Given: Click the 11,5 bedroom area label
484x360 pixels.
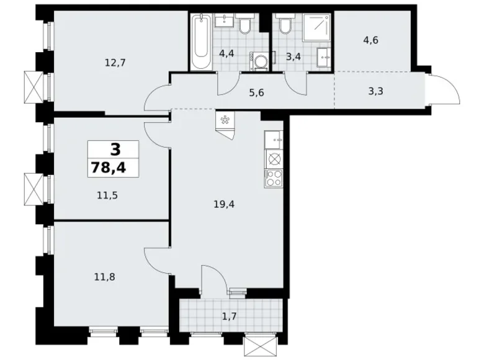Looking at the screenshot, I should pyautogui.click(x=107, y=194).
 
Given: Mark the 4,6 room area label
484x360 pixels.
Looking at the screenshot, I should pyautogui.click(x=371, y=40).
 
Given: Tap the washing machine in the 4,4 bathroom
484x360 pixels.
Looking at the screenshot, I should pyautogui.click(x=259, y=60).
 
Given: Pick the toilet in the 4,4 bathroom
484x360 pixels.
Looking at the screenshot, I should pyautogui.click(x=245, y=25).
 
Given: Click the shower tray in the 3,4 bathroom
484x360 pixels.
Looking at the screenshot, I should pyautogui.click(x=318, y=27).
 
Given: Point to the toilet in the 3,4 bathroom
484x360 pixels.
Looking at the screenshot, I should pyautogui.click(x=285, y=25).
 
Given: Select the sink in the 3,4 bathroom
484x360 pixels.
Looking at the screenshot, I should pyautogui.click(x=325, y=58).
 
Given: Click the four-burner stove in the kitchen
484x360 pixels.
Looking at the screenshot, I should pyautogui.click(x=274, y=179).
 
